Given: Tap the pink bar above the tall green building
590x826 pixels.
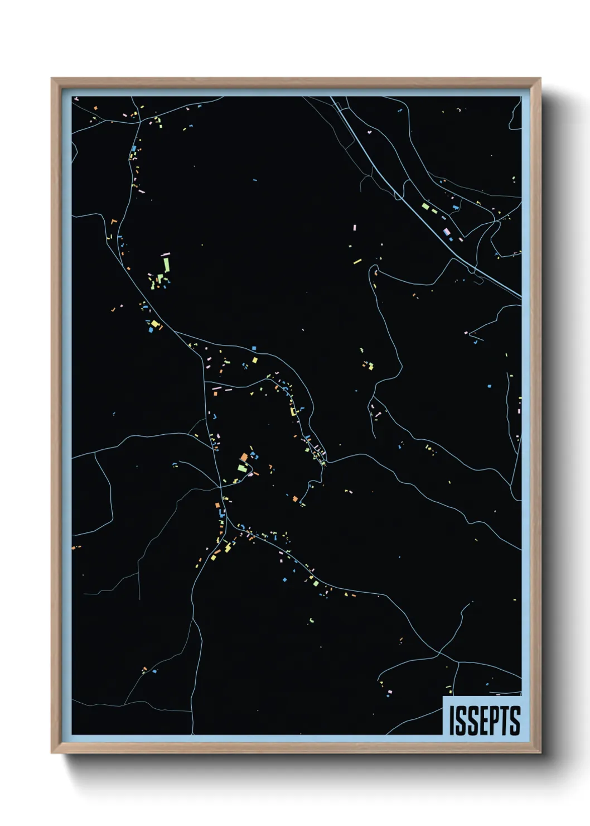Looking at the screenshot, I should click(165, 254).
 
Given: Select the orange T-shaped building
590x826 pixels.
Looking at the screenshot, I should click(113, 222).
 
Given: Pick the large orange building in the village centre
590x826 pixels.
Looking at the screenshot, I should click(244, 458).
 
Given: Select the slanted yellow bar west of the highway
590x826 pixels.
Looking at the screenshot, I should click(357, 261).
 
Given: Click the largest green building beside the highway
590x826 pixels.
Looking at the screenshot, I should click(425, 206).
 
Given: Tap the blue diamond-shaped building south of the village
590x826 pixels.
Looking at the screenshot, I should click(284, 579).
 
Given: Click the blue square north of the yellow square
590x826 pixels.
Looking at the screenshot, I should click(254, 348).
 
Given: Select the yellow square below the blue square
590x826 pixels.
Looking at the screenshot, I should click(255, 360).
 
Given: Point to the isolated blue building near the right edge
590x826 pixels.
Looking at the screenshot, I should click(489, 386).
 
